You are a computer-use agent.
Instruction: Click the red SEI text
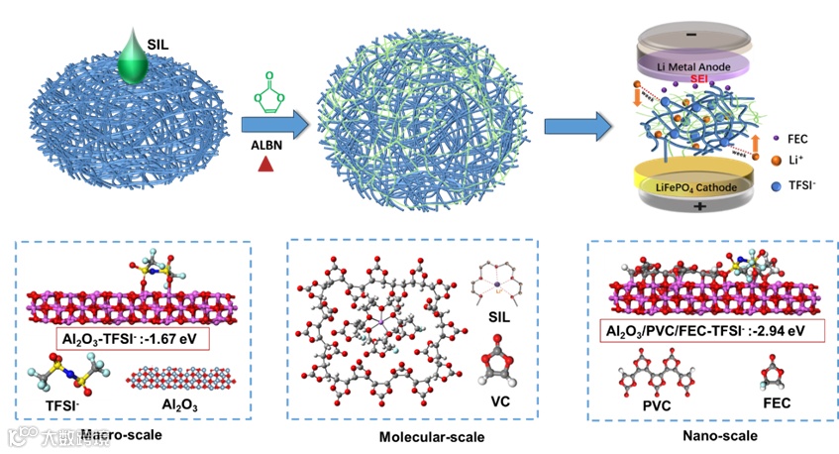[x=699, y=79]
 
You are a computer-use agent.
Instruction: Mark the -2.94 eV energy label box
[x=706, y=331]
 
